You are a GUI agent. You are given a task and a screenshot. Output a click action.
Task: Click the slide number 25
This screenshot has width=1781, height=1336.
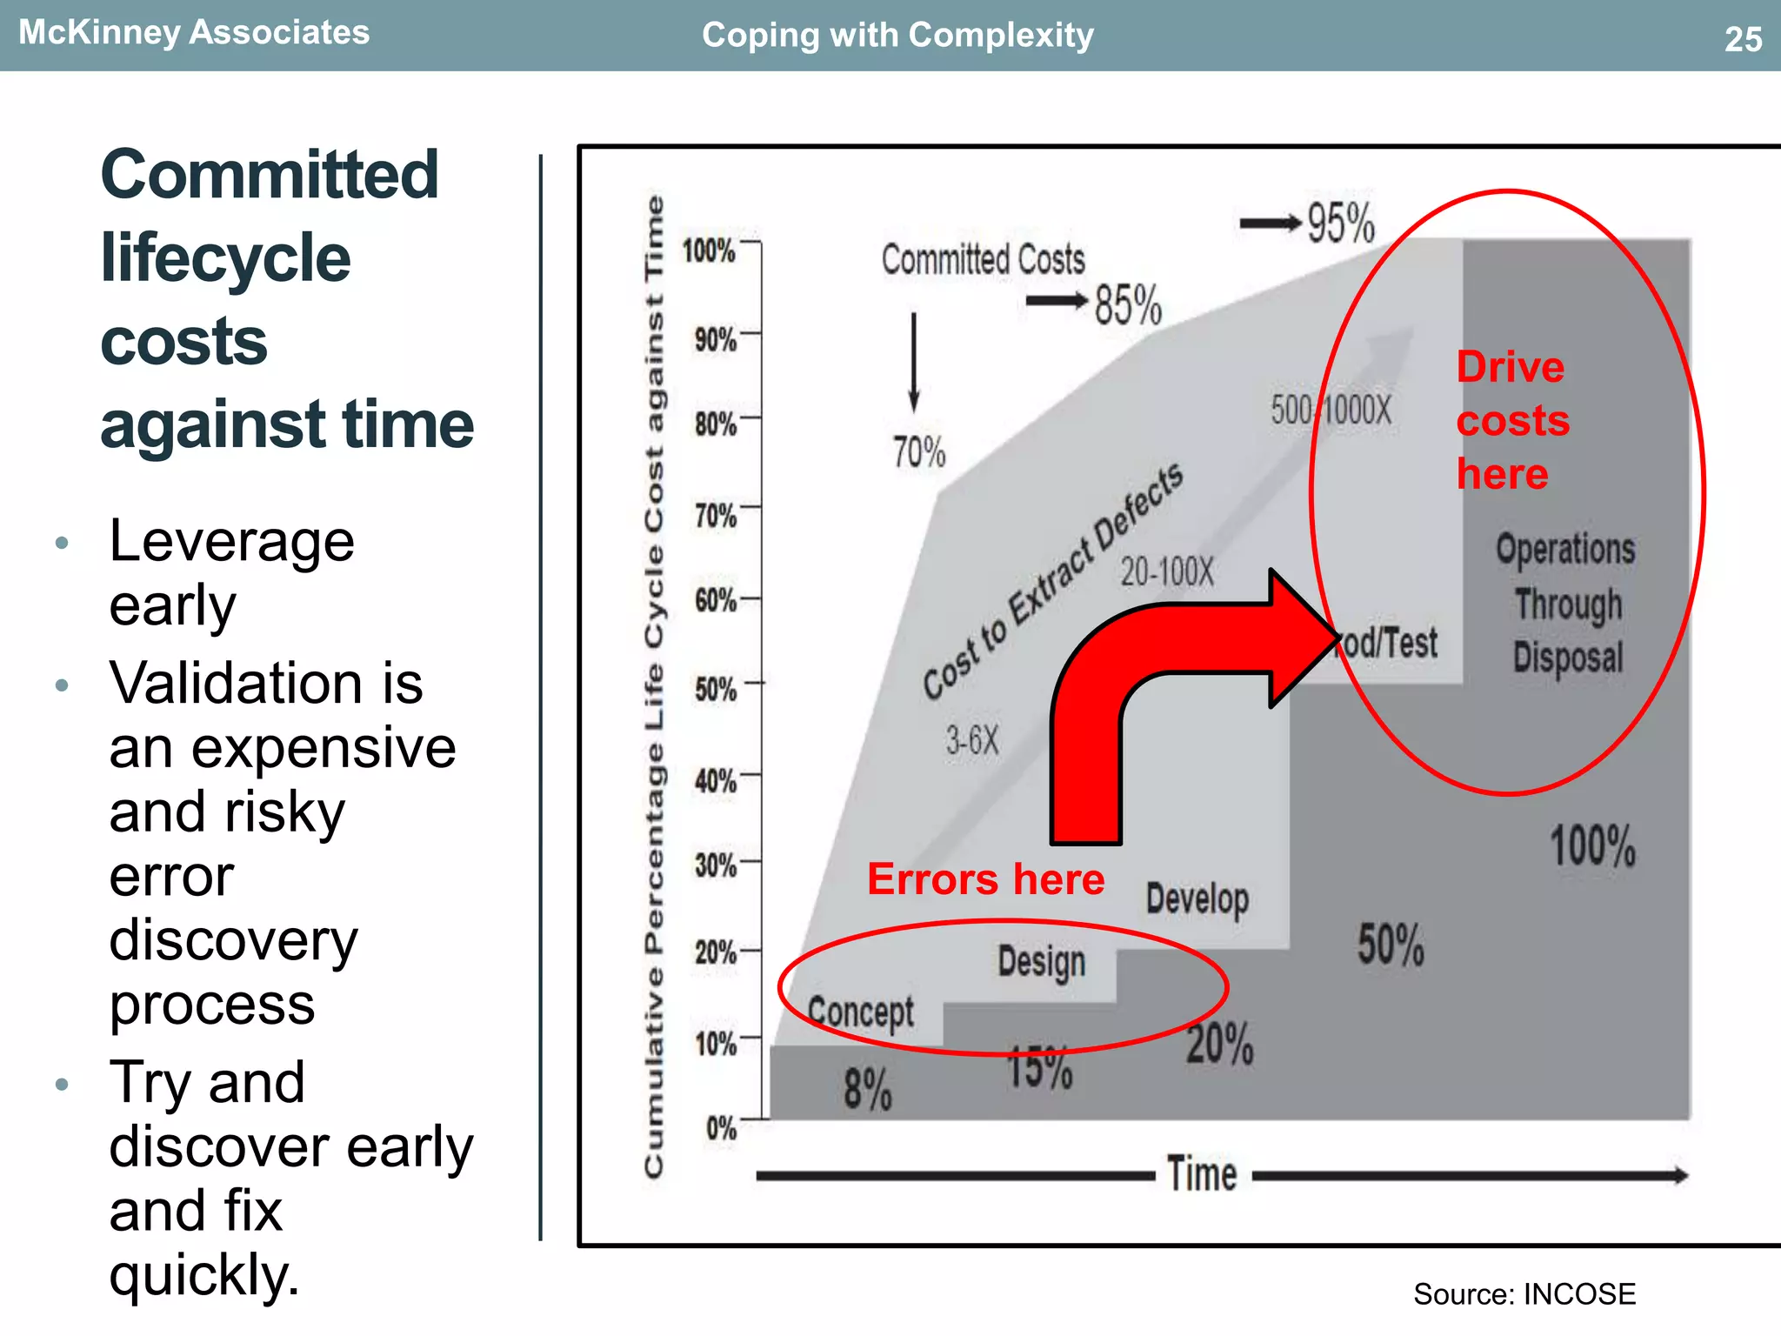pos(1743,40)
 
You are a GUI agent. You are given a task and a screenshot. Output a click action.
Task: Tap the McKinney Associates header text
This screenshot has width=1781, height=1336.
pos(194,33)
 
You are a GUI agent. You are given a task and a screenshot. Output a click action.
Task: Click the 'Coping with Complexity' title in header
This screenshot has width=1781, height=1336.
pos(897,36)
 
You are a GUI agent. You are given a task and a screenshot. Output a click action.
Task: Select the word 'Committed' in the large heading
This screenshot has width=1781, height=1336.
pos(270,175)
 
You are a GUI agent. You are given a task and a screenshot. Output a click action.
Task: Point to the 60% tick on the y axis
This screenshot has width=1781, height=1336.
pos(716,600)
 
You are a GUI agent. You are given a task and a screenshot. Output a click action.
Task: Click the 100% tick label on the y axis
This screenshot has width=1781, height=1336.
pos(709,251)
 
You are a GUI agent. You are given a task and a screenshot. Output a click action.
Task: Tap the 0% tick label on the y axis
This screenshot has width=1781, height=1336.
pos(721,1129)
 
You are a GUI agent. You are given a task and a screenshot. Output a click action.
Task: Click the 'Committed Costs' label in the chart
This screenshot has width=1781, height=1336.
pos(983,259)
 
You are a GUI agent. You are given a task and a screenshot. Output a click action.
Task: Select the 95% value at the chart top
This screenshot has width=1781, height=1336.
pos(1340,223)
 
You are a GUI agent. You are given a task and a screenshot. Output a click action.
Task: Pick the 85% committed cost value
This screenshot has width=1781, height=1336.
pos(1127,305)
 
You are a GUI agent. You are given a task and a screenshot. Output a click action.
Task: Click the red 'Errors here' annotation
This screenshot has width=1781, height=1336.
pos(985,879)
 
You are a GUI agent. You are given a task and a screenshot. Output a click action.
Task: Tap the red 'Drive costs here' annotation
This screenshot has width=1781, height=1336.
pos(1512,420)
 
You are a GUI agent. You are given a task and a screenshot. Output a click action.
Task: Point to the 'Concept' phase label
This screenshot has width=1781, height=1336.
pos(860,1012)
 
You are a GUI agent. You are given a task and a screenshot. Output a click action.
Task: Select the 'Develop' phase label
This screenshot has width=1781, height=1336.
pos(1197,899)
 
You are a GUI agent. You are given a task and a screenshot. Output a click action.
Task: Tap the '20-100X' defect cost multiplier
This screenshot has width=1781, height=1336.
pos(1166,572)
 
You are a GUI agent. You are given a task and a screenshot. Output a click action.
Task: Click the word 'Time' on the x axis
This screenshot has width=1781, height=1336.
pos(1201,1174)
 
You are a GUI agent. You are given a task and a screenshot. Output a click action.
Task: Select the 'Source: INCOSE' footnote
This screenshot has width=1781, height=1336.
pos(1524,1294)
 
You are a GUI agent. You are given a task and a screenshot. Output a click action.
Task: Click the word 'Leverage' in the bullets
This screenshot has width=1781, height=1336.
pos(231,542)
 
